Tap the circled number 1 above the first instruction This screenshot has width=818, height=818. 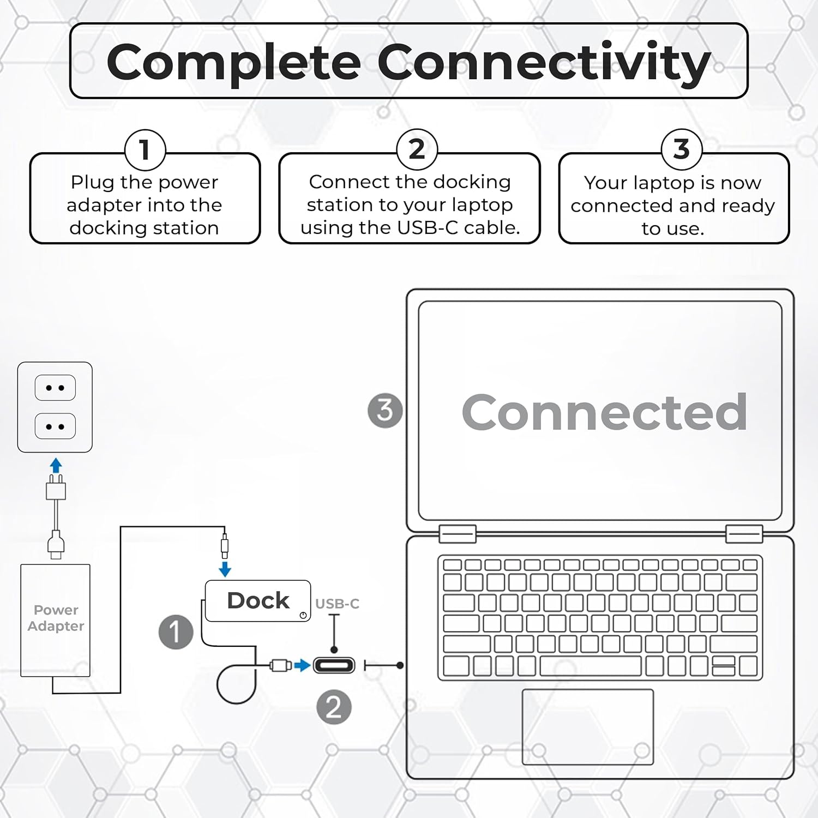pyautogui.click(x=145, y=149)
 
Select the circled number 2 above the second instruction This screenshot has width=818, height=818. pyautogui.click(x=417, y=149)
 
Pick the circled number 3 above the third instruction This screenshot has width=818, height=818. pyautogui.click(x=681, y=149)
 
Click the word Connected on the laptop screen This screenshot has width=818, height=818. pyautogui.click(x=604, y=412)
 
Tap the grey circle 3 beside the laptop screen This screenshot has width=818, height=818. pyautogui.click(x=385, y=410)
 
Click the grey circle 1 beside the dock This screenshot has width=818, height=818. pyautogui.click(x=176, y=632)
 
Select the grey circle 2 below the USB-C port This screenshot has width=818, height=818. pyautogui.click(x=334, y=707)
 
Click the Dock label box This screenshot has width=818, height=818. pyautogui.click(x=258, y=600)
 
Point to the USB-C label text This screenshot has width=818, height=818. pyautogui.click(x=337, y=604)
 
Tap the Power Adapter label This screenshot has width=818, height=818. pyautogui.click(x=56, y=618)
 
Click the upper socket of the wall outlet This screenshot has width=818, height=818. pyautogui.click(x=55, y=388)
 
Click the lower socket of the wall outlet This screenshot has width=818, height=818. pyautogui.click(x=55, y=426)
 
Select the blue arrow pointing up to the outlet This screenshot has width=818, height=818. pyautogui.click(x=56, y=465)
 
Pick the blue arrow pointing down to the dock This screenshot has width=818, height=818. pyautogui.click(x=225, y=569)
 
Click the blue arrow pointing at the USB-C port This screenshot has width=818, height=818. pyautogui.click(x=302, y=665)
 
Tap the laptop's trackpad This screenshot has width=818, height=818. pyautogui.click(x=587, y=726)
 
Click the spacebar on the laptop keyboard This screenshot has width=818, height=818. pyautogui.click(x=590, y=666)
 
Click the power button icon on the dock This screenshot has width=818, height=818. pyautogui.click(x=303, y=615)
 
